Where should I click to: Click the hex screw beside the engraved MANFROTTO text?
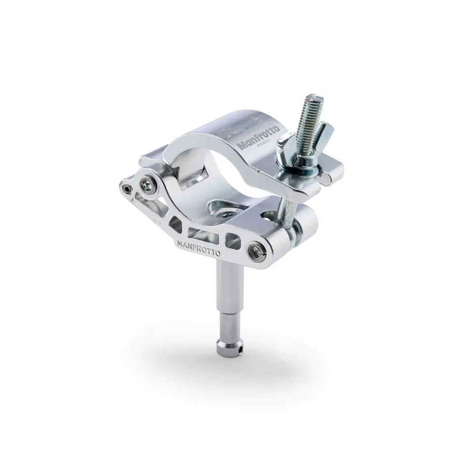tap(256, 250)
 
